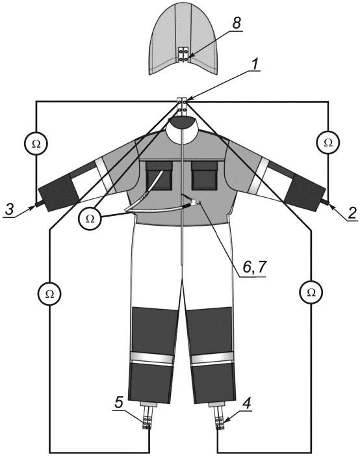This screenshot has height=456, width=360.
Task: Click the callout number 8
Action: [x=237, y=23]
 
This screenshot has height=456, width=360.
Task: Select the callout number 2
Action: [x=352, y=214]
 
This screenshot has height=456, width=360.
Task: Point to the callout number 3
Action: [x=10, y=209]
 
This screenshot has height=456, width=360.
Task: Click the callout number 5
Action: [x=120, y=403]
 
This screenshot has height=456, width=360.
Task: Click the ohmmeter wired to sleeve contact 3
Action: [x=36, y=143]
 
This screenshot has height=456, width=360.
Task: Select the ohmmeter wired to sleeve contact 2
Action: [x=328, y=142]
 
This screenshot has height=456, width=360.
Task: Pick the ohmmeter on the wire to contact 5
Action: [x=49, y=294]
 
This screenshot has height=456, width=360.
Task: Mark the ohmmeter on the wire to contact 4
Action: [x=311, y=292]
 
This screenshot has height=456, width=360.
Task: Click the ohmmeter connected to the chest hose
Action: [x=90, y=219]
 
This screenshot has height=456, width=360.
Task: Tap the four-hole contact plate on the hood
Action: [x=183, y=55]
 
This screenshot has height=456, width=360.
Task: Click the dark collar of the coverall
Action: [x=183, y=122]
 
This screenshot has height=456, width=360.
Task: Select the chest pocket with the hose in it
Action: [x=159, y=176]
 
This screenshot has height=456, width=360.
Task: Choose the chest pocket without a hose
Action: [x=205, y=176]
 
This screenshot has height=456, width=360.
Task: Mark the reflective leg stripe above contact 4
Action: [x=213, y=360]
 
